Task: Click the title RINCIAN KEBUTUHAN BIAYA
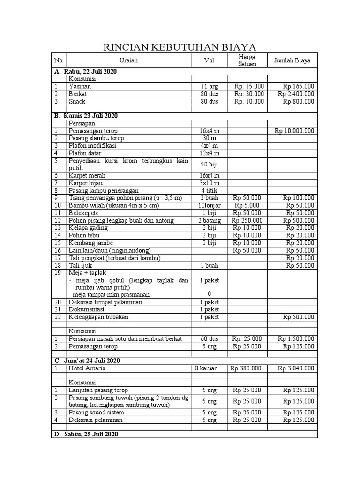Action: point(180,47)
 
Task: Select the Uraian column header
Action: point(128,60)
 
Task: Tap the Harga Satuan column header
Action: point(247,60)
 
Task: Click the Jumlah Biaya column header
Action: point(292,60)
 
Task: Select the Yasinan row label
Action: point(80,86)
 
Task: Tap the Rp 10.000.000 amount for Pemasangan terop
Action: point(294,131)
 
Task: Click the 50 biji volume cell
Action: point(209,165)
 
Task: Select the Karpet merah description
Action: point(87,175)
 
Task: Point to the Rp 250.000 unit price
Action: point(248,220)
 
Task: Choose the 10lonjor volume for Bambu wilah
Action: point(209,205)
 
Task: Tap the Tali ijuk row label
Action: point(80,265)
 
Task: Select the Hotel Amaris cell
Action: point(87,368)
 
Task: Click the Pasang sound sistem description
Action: point(97,412)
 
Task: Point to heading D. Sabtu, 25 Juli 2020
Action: point(86,435)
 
